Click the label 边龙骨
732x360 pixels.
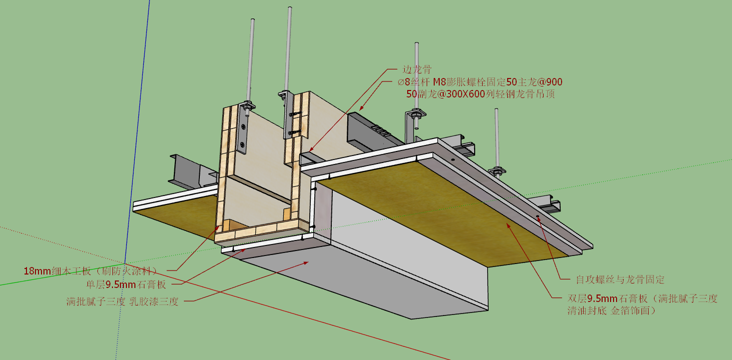(x=417, y=69)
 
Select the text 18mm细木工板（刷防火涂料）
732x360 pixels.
(x=90, y=271)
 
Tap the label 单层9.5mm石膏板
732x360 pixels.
(x=126, y=284)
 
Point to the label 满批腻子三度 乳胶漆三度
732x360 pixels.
(x=122, y=301)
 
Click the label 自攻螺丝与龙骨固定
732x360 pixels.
(x=620, y=279)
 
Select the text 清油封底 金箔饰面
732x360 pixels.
(x=612, y=310)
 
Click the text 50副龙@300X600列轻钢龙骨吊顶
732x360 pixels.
(x=480, y=94)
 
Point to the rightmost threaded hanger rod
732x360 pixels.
(x=497, y=139)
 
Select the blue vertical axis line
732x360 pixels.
(x=137, y=131)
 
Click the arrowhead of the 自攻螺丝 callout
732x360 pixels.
(x=538, y=218)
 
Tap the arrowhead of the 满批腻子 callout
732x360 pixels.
(x=306, y=262)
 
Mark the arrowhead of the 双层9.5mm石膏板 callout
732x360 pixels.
(x=508, y=225)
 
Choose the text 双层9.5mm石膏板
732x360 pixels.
(x=608, y=298)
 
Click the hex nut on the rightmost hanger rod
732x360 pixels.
(x=497, y=170)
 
